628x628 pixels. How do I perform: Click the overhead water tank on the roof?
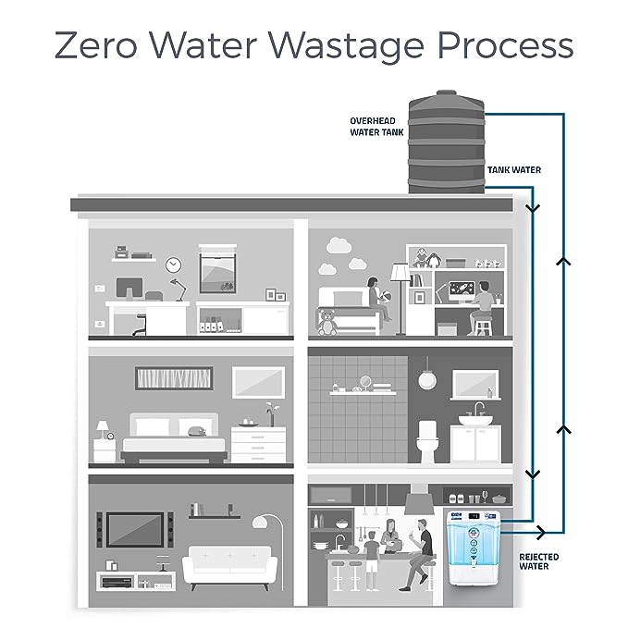click(x=447, y=138)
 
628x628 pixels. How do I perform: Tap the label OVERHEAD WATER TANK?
click(x=372, y=126)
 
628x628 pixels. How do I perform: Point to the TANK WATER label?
click(x=513, y=170)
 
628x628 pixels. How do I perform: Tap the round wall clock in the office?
click(x=173, y=265)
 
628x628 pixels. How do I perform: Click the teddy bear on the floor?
click(x=326, y=322)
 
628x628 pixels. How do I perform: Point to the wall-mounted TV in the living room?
click(x=134, y=529)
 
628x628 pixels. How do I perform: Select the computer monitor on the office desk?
click(x=127, y=288)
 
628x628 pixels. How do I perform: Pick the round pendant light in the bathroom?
click(x=426, y=379)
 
